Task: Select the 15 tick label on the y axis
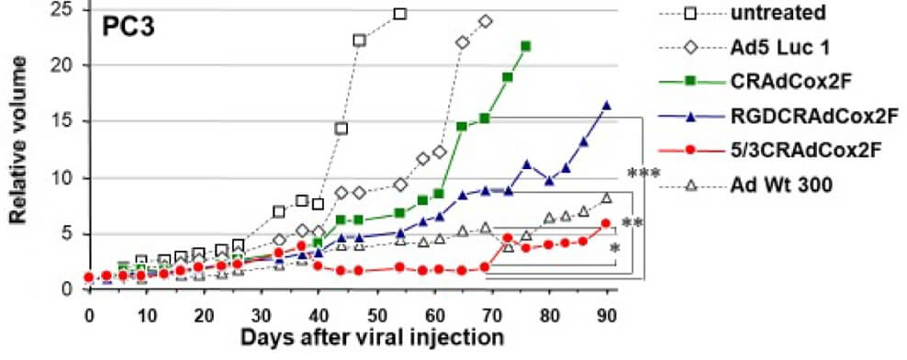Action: [68, 121]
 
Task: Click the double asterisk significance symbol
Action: [632, 223]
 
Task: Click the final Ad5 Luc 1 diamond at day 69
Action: [486, 20]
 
